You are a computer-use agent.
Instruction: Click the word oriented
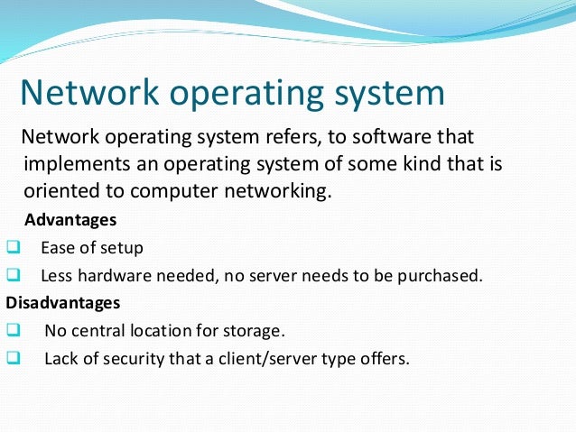tap(60, 191)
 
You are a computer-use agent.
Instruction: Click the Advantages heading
tap(70, 219)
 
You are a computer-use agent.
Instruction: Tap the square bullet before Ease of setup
tap(12, 246)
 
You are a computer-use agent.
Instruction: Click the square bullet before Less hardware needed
tap(12, 274)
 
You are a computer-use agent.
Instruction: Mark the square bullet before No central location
tap(12, 330)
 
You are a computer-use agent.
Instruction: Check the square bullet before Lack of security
tap(12, 358)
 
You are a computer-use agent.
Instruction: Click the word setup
tap(122, 248)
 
